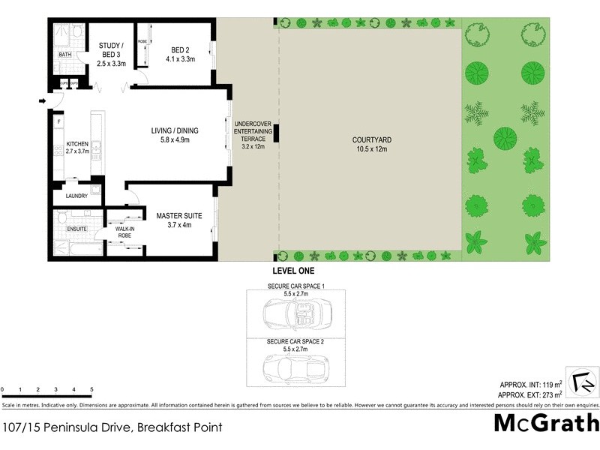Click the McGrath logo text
coord(546,423)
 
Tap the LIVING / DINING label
coord(175,134)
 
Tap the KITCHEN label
coord(77,147)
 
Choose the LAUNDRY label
coord(76,196)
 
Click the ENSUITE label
coord(77,229)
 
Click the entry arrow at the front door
coord(43,100)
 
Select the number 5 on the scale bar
coord(91,390)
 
